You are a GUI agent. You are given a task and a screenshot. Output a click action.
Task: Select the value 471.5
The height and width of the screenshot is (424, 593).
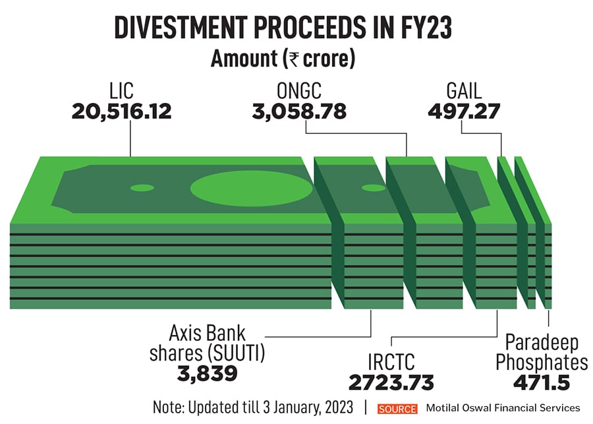542,382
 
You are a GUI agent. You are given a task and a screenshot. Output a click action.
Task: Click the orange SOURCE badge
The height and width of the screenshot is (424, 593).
397,408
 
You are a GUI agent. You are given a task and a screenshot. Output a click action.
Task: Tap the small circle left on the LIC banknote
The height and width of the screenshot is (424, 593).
142,187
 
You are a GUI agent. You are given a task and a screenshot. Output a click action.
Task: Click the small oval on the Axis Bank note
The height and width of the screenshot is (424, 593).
374,188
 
